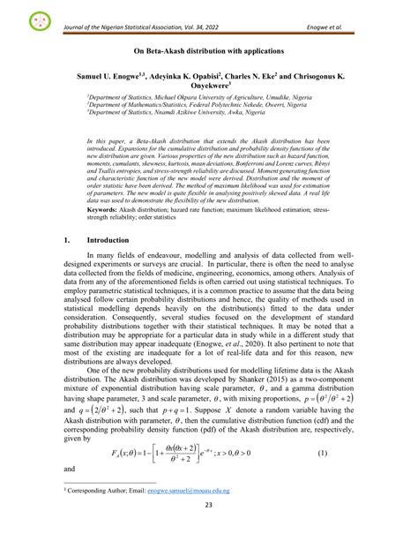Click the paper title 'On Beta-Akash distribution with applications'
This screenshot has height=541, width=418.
coord(208,53)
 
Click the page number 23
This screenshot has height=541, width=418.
coord(208,529)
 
